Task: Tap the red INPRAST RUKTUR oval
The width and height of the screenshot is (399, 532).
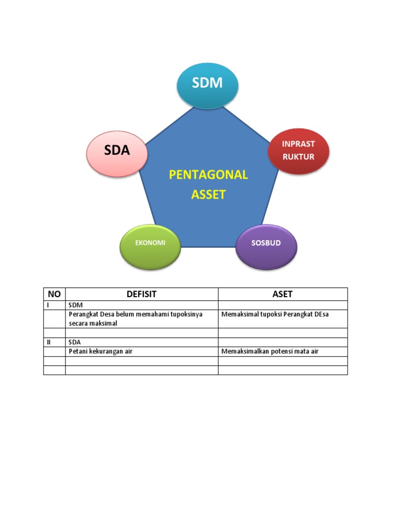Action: pos(298,150)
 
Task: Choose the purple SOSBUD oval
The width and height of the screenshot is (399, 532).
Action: pos(266,244)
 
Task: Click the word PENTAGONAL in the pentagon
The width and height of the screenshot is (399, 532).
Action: pos(208,175)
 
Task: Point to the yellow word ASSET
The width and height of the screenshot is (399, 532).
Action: pos(208,195)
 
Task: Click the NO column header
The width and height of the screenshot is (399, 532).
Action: pos(54,294)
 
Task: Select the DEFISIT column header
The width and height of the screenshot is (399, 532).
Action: pos(141,294)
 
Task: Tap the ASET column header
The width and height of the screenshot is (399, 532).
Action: pos(282,294)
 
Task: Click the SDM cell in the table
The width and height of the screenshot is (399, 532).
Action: pos(76,305)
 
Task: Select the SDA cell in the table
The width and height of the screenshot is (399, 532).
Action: pos(75,342)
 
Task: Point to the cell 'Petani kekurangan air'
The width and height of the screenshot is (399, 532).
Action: pos(101,351)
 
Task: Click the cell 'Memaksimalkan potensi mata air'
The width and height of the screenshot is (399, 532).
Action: pos(270,351)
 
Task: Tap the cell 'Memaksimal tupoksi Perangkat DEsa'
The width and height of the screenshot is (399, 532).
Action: pos(275,314)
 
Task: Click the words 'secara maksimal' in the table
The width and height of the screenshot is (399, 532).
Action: pos(93,323)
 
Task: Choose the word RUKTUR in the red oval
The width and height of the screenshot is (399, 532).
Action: pos(298,156)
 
